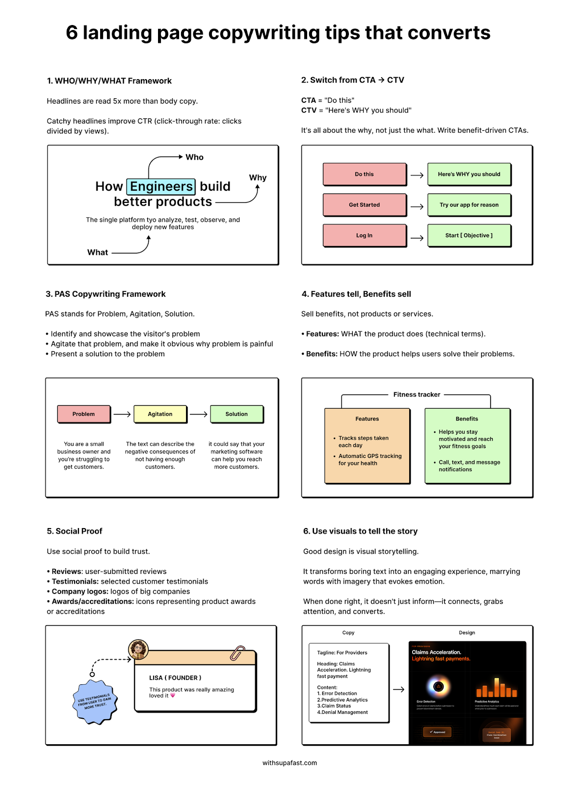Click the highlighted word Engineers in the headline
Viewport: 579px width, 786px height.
[161, 187]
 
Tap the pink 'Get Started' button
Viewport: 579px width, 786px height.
[365, 205]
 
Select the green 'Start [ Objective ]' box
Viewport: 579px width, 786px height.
[469, 235]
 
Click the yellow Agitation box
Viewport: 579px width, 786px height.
[160, 414]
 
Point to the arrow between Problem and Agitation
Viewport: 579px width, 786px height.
[122, 414]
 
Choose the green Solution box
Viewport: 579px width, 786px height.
[237, 414]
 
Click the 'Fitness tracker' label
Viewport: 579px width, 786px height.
[417, 394]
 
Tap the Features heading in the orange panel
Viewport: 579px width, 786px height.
[367, 419]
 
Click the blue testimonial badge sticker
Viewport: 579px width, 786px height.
[95, 702]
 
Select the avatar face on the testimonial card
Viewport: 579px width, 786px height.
[138, 649]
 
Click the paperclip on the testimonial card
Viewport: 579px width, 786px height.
[237, 653]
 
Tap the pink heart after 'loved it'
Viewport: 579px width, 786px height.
[173, 696]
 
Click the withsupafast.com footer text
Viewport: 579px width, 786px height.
[289, 763]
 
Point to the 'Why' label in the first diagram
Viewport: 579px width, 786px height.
[258, 178]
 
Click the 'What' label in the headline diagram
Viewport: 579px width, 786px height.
[98, 253]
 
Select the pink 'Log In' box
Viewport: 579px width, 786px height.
[365, 235]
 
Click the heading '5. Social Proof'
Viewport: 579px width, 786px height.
[75, 531]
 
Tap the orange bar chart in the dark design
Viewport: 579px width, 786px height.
[496, 688]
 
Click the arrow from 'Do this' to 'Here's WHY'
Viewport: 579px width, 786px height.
[417, 175]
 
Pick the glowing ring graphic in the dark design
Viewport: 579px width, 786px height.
[439, 687]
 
